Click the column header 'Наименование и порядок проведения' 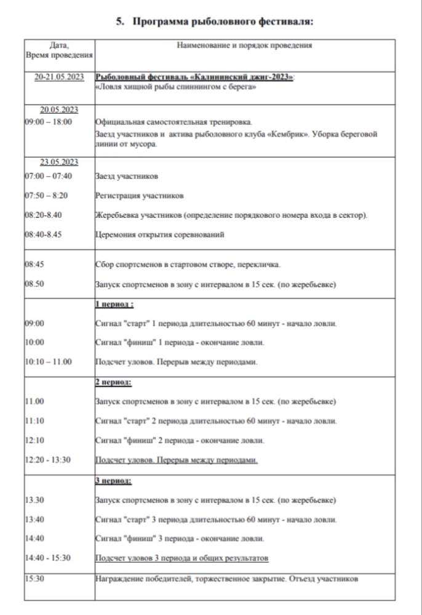point(244,46)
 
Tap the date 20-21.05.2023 point(59,77)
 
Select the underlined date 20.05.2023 point(59,110)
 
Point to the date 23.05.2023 point(59,162)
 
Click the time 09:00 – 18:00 point(49,122)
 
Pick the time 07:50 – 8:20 point(47,196)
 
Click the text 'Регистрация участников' point(140,196)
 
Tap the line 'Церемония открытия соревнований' point(160,234)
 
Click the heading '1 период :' point(114,304)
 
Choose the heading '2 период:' point(114,382)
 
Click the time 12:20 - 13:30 point(48,459)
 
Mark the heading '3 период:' point(114,480)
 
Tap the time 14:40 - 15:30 point(48,558)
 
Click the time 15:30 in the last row point(35,578)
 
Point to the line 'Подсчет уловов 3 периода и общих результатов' point(182,558)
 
